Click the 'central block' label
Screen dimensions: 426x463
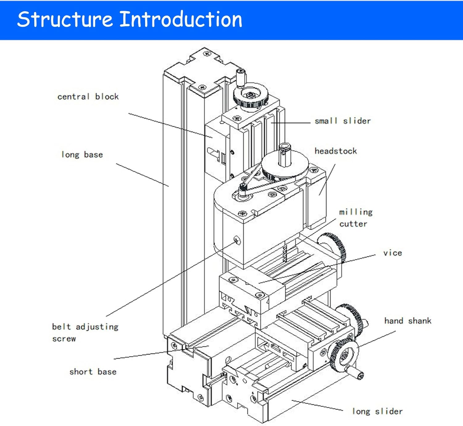88,97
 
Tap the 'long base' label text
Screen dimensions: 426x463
82,154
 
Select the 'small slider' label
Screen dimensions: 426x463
343,121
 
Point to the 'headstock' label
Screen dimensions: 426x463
336,151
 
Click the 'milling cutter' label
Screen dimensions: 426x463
356,218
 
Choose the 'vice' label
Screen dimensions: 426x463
393,253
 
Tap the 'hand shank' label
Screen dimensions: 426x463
407,321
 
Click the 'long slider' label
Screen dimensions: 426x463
377,411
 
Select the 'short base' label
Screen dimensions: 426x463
93,372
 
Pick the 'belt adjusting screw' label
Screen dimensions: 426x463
85,332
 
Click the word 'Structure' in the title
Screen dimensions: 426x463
65,19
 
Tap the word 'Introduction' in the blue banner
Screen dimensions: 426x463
181,19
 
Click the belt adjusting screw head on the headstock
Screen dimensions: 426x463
237,240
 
